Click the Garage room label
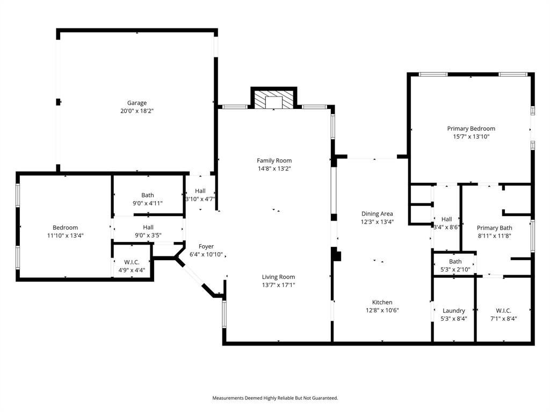[136, 103]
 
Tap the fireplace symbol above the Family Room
[274, 100]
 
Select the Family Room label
[274, 160]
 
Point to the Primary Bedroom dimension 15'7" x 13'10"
[471, 137]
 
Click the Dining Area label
[377, 214]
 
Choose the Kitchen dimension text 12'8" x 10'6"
[382, 310]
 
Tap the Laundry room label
[454, 311]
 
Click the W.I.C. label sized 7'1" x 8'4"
[503, 311]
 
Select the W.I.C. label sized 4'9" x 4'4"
[132, 262]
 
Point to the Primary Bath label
[495, 228]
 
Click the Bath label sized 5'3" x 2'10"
[455, 262]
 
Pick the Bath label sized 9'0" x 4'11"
[148, 195]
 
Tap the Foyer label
[206, 247]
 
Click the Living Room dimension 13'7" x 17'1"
[278, 285]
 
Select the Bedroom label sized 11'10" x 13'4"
[65, 227]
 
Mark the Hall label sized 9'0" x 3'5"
[148, 227]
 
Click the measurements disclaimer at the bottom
[275, 398]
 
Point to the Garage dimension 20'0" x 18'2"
[136, 111]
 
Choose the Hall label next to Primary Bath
[446, 219]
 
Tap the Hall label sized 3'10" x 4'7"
[200, 190]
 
